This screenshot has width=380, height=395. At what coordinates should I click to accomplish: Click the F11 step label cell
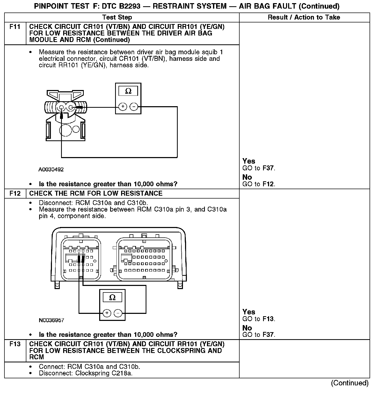(x=15, y=27)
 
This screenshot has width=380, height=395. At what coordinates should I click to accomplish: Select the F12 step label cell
(x=15, y=193)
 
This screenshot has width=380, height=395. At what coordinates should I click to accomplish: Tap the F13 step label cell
(x=15, y=344)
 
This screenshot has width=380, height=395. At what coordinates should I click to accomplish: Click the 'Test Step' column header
(x=117, y=17)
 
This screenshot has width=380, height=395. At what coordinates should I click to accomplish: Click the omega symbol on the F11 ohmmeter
(x=128, y=91)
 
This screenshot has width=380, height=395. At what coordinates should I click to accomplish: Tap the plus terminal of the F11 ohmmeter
(x=123, y=107)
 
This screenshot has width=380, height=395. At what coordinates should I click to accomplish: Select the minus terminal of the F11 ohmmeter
(x=134, y=107)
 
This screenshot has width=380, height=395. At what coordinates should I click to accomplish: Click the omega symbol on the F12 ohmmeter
(x=112, y=297)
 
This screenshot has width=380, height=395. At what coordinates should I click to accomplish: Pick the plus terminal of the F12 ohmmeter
(x=107, y=313)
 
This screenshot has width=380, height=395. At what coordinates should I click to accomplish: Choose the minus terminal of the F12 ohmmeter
(x=118, y=313)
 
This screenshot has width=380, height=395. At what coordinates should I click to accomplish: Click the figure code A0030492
(x=51, y=170)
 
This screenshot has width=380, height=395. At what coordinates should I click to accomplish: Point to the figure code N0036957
(x=51, y=320)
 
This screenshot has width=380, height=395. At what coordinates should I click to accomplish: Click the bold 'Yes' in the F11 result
(x=249, y=161)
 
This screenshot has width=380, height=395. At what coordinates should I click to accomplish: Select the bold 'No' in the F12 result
(x=247, y=328)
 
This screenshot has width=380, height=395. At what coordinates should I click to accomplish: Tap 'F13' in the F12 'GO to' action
(x=269, y=319)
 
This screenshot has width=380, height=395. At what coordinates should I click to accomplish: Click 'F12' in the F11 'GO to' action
(x=269, y=184)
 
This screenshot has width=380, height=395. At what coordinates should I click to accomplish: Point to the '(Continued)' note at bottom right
(x=350, y=383)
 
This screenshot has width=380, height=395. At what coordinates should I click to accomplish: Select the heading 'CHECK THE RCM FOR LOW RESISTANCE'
(x=96, y=193)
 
